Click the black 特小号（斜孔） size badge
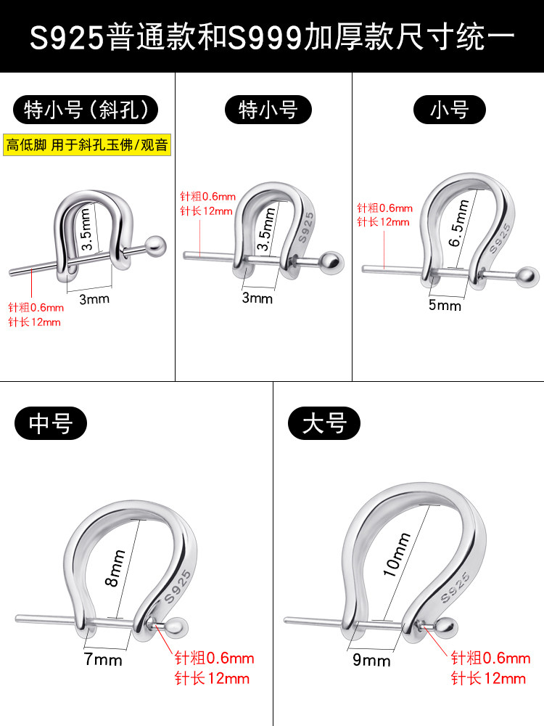point(86,110)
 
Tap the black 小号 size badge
point(449,110)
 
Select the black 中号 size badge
point(51,423)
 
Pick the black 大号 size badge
point(324,423)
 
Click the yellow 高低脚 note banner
point(87,144)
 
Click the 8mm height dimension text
point(116,568)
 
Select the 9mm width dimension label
point(371,660)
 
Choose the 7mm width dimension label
point(103,660)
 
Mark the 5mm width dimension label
point(445,305)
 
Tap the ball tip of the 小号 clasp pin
point(527,275)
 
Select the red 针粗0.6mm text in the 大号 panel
point(490,658)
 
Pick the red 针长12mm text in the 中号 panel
point(212,679)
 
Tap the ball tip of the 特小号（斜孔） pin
point(157,244)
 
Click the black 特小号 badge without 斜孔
point(268,110)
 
